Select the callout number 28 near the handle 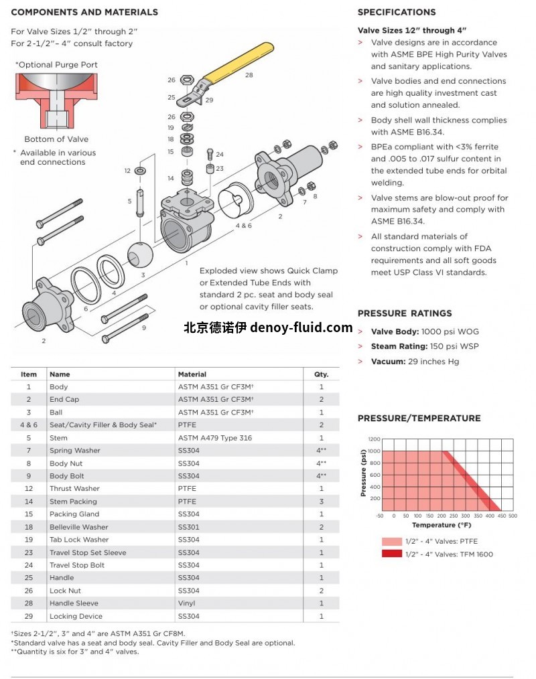click(x=249, y=75)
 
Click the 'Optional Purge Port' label click(x=56, y=65)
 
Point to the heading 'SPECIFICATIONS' click(x=397, y=12)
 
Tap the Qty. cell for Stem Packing click(x=321, y=502)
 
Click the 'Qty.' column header click(x=321, y=374)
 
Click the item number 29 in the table click(x=29, y=616)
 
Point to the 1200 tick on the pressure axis click(x=373, y=439)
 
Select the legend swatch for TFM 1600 click(x=391, y=554)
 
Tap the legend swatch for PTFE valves click(x=391, y=541)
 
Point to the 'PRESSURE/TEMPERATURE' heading click(x=419, y=419)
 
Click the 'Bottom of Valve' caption click(x=56, y=139)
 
